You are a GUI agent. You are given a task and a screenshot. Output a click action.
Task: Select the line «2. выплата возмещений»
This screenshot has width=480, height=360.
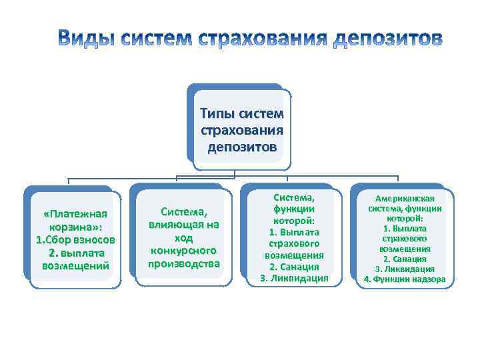(75, 259)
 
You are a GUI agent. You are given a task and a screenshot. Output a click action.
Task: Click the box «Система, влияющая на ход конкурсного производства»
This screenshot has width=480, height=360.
(183, 237)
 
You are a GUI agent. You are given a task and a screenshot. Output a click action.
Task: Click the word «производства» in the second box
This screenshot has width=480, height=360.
(183, 264)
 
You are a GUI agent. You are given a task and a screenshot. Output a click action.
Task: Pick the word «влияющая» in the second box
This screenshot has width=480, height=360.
(183, 225)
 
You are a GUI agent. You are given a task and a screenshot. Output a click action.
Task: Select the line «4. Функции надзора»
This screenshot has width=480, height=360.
(405, 279)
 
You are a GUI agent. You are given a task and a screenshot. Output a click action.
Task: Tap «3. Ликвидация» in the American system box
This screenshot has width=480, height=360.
(405, 269)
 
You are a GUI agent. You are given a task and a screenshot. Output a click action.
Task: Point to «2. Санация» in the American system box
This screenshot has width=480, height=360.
(405, 259)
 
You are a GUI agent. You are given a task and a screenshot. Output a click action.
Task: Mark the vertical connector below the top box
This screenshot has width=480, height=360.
(234, 172)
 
